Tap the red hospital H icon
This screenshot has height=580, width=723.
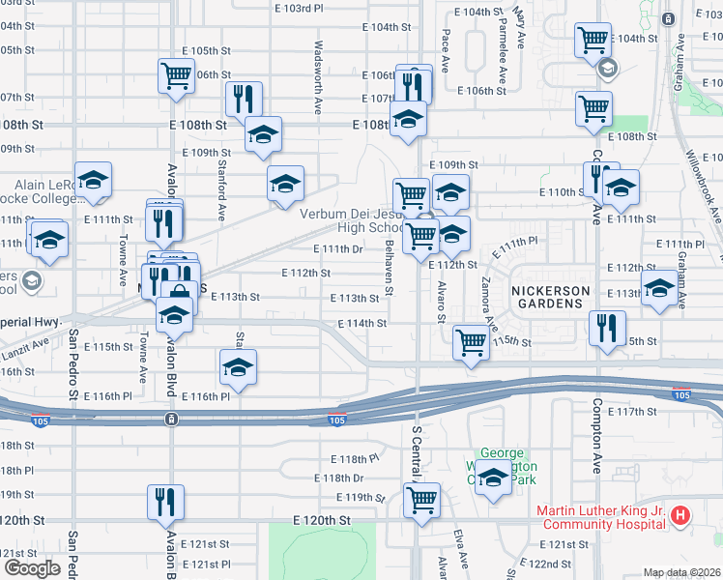(x=680, y=516)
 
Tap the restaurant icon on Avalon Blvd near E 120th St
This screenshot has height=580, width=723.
(x=163, y=501)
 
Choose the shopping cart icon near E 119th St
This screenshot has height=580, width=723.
(x=421, y=500)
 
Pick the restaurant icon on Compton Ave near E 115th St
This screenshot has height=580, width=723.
(x=607, y=327)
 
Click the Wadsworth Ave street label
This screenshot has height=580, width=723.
(x=317, y=76)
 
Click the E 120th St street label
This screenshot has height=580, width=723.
(x=323, y=520)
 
